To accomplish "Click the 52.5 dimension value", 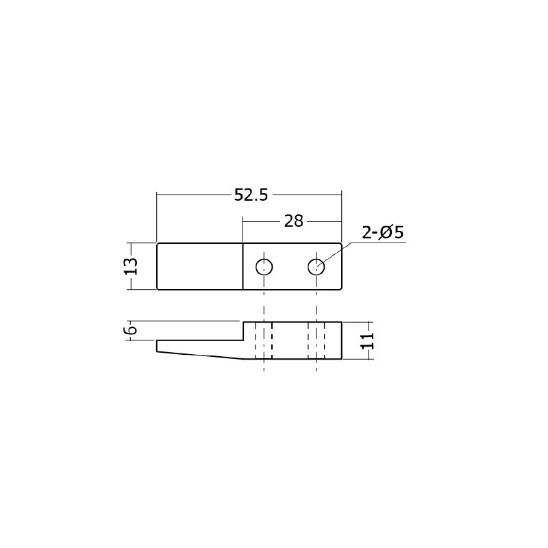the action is coord(251,195).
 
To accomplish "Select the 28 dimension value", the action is coord(293,221).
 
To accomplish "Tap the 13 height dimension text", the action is coord(132,266).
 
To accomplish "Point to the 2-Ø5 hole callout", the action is coord(383,232).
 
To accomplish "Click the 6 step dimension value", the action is coord(132,330).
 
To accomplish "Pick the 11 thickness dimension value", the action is coord(367,340).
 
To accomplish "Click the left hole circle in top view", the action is coord(264,259).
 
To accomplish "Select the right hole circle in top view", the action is coord(316,259).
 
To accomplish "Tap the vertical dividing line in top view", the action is coord(243,266).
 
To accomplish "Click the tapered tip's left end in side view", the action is coord(157,346).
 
